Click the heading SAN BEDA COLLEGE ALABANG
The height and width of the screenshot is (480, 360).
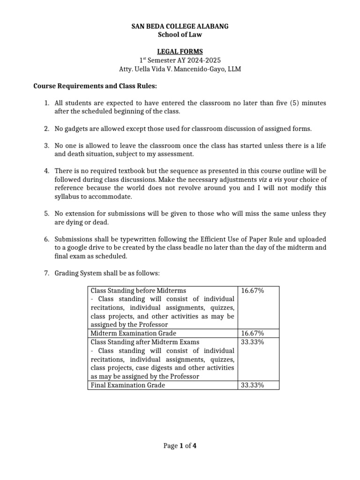click(x=180, y=27)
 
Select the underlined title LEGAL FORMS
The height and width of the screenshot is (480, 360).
click(x=180, y=52)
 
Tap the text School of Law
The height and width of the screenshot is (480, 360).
click(x=180, y=35)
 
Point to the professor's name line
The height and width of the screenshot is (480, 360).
click(x=180, y=69)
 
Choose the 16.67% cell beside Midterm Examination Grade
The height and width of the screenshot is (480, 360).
click(x=252, y=333)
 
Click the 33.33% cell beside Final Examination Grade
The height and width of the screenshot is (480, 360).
click(x=252, y=385)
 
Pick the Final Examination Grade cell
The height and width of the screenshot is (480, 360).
click(x=128, y=385)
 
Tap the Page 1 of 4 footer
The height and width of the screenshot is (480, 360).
click(x=180, y=446)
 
